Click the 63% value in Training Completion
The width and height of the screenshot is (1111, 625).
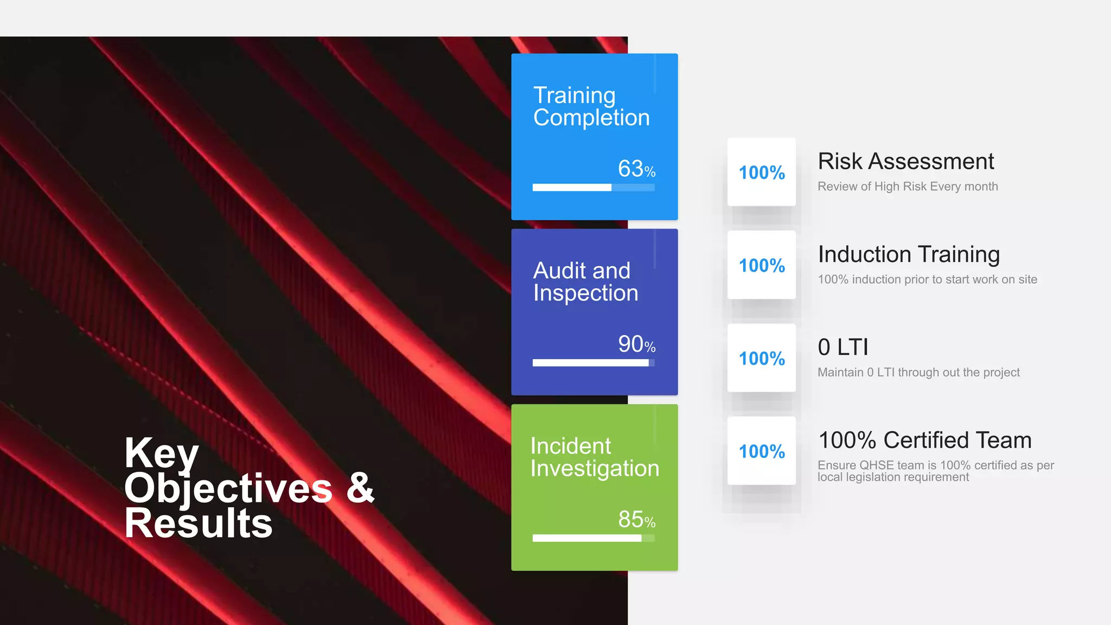[636, 169]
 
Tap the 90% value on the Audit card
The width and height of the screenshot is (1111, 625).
[636, 345]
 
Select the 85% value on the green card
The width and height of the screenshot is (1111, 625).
[636, 520]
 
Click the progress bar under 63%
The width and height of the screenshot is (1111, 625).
[593, 187]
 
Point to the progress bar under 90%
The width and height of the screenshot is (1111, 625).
[593, 362]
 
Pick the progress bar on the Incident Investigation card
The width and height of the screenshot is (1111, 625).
[593, 538]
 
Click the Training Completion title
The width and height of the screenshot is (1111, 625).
[591, 106]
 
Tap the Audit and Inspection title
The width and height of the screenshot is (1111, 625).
[585, 282]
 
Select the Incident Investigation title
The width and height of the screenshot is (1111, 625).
[594, 457]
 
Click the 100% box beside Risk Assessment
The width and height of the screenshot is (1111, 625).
[761, 173]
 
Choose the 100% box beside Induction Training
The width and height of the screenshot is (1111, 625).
[761, 265]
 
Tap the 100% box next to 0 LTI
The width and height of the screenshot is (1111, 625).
[761, 358]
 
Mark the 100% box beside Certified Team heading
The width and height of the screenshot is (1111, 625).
[761, 451]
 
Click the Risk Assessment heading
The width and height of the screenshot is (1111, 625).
[905, 161]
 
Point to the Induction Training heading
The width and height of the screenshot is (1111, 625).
[908, 254]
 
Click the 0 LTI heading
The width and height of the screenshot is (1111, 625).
[842, 347]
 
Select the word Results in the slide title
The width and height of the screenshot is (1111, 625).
[198, 524]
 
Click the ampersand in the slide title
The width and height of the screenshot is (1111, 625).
[360, 488]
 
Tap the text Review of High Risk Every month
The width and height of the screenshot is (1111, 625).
[907, 187]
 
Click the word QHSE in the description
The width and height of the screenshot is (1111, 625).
[877, 465]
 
